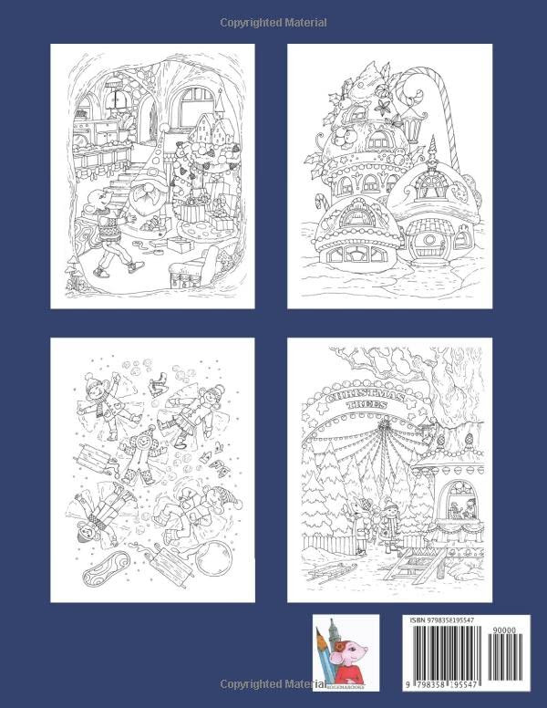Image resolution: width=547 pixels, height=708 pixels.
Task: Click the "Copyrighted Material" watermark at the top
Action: tap(273, 22)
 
